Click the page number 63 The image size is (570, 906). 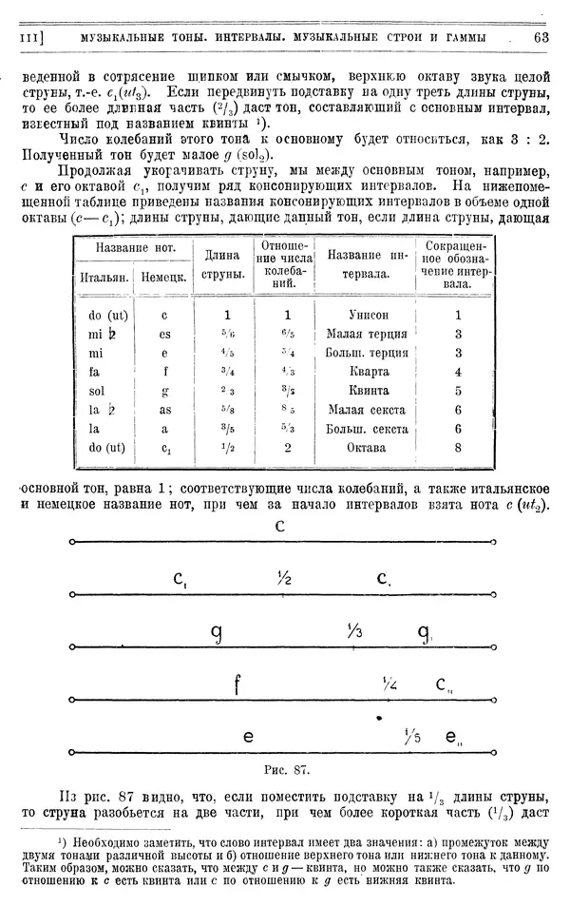click(x=541, y=37)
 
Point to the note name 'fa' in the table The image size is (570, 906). click(x=95, y=372)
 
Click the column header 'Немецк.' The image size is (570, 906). click(x=162, y=277)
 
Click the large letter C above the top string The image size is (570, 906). click(x=280, y=526)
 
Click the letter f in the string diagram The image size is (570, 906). click(x=238, y=683)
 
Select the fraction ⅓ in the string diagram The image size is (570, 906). click(x=353, y=630)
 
